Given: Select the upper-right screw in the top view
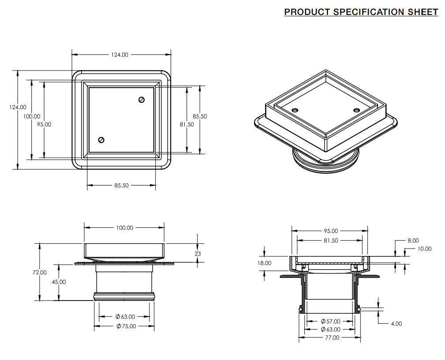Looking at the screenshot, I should pyautogui.click(x=142, y=100).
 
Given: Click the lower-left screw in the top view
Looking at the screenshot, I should pyautogui.click(x=101, y=140).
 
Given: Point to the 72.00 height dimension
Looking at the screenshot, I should pyautogui.click(x=40, y=272).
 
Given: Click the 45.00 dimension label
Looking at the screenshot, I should pyautogui.click(x=59, y=282).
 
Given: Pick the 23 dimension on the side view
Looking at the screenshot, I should pyautogui.click(x=198, y=253).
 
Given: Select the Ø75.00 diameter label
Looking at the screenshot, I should pyautogui.click(x=126, y=326).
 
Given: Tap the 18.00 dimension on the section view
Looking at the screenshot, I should pyautogui.click(x=265, y=263).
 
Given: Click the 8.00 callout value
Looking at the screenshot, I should pyautogui.click(x=413, y=241).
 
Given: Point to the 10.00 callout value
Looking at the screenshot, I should pyautogui.click(x=425, y=249).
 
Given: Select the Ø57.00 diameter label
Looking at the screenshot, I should pyautogui.click(x=330, y=321).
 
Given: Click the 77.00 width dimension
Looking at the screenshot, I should pyautogui.click(x=332, y=338).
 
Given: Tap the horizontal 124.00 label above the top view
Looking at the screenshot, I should pyautogui.click(x=120, y=55).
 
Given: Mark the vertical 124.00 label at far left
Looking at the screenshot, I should pyautogui.click(x=18, y=107).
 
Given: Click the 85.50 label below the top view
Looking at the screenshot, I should pyautogui.click(x=121, y=186).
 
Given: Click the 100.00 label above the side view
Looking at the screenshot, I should pyautogui.click(x=124, y=228).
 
